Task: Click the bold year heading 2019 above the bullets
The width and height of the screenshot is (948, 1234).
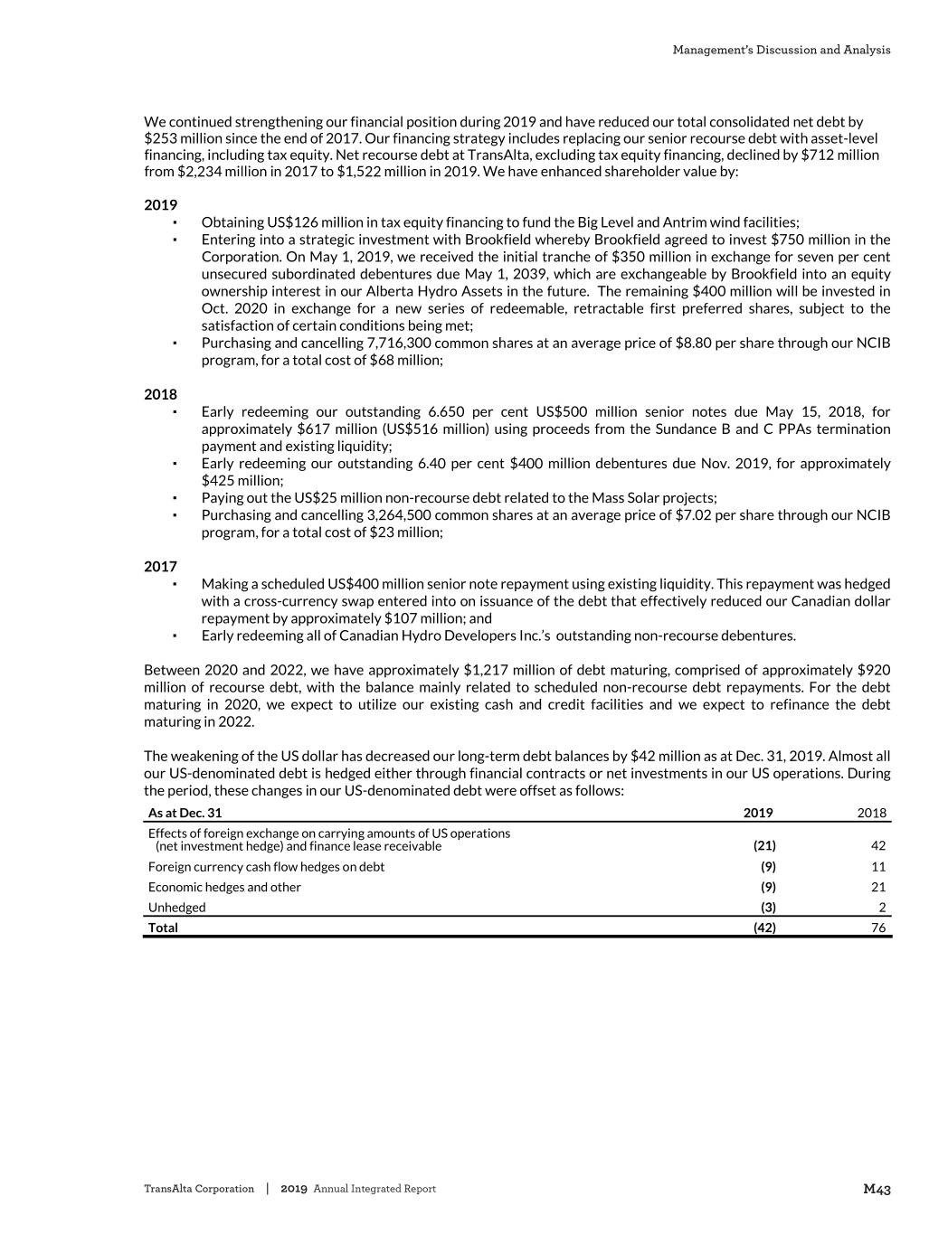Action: pos(161,205)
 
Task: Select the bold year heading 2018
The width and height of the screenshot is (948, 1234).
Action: pos(161,394)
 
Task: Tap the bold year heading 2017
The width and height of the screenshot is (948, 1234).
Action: pos(161,567)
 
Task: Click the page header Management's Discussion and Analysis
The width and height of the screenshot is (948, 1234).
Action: pos(781,50)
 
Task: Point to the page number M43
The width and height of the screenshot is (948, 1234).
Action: pos(877,1190)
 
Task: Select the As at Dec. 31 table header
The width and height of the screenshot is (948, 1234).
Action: pos(185,813)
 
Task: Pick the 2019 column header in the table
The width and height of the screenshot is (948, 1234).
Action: pos(758,813)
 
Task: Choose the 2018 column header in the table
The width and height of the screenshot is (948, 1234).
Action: pos(871,813)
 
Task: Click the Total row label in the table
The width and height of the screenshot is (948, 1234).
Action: pos(164,928)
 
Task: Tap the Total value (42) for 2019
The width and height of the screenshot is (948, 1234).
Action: pos(764,928)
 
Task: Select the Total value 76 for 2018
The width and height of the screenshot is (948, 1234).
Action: pos(877,928)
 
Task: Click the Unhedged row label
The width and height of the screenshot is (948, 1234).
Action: pos(177,908)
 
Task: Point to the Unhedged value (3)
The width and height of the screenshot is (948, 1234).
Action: pos(768,908)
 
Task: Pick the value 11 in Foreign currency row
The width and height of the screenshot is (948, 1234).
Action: pos(877,867)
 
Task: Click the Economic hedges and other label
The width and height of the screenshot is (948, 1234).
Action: pos(224,887)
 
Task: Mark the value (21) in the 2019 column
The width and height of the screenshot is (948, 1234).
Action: pos(764,846)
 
